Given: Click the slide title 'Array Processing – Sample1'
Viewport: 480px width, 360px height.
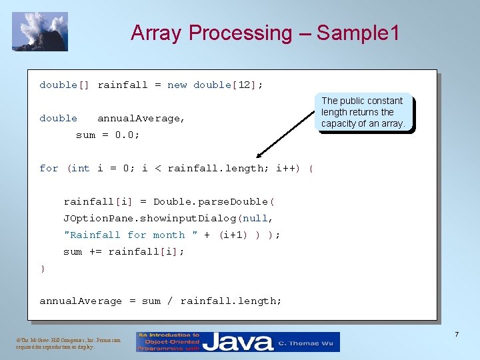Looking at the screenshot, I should pyautogui.click(x=265, y=33).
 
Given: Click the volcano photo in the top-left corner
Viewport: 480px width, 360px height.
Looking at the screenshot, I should pyautogui.click(x=40, y=31).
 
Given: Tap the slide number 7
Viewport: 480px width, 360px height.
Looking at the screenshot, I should pyautogui.click(x=457, y=333).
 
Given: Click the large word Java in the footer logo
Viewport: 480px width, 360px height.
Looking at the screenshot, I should pyautogui.click(x=237, y=343).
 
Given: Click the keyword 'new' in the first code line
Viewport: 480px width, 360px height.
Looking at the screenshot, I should pyautogui.click(x=177, y=85).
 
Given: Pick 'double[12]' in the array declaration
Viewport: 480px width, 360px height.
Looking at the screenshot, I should pyautogui.click(x=227, y=85).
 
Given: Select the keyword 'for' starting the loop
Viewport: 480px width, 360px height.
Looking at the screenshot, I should pyautogui.click(x=49, y=168).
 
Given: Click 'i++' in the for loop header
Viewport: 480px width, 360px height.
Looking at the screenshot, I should pyautogui.click(x=288, y=168).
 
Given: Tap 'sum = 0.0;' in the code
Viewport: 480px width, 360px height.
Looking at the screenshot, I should pyautogui.click(x=107, y=135).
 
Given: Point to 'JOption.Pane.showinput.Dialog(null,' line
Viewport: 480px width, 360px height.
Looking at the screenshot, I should pyautogui.click(x=169, y=218).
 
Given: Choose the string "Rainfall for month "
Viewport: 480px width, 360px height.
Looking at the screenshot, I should pyautogui.click(x=131, y=235).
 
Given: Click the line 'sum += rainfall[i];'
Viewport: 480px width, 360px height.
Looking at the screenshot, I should pyautogui.click(x=124, y=251).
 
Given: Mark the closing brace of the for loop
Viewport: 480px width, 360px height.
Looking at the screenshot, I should pyautogui.click(x=43, y=268).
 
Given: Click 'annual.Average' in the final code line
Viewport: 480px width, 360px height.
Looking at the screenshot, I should pyautogui.click(x=81, y=301).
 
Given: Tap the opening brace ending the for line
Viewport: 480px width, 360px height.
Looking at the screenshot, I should pyautogui.click(x=311, y=168).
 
